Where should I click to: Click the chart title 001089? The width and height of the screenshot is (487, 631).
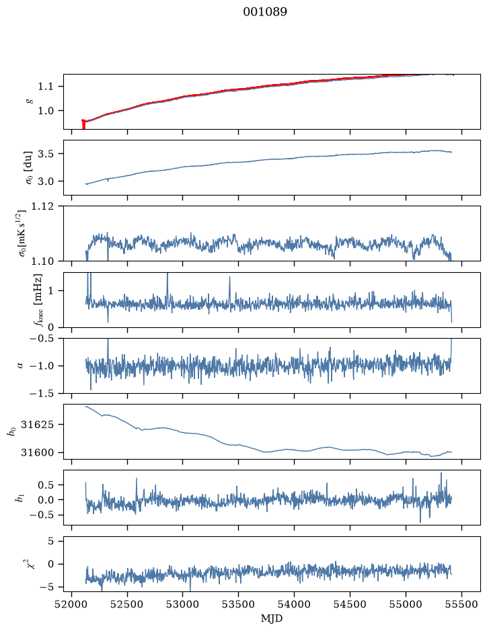tap(264, 11)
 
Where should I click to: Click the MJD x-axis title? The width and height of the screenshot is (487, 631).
tap(272, 618)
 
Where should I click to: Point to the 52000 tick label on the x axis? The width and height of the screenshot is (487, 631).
tap(72, 604)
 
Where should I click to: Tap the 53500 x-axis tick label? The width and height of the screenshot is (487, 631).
tap(239, 604)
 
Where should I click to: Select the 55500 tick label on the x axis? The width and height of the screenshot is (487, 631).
tap(461, 604)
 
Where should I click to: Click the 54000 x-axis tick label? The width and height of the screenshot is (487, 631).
tap(294, 604)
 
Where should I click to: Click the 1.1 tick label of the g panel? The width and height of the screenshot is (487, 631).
tap(45, 86)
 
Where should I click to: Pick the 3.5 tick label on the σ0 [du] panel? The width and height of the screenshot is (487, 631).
tap(45, 154)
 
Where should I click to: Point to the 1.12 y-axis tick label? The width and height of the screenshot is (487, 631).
tap(42, 206)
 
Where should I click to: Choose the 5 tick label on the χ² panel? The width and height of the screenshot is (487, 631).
tap(50, 541)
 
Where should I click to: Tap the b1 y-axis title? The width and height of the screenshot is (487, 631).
tap(19, 498)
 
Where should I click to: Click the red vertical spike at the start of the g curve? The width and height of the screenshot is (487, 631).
tap(83, 124)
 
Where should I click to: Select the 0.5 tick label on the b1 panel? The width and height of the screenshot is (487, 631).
tap(45, 485)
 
